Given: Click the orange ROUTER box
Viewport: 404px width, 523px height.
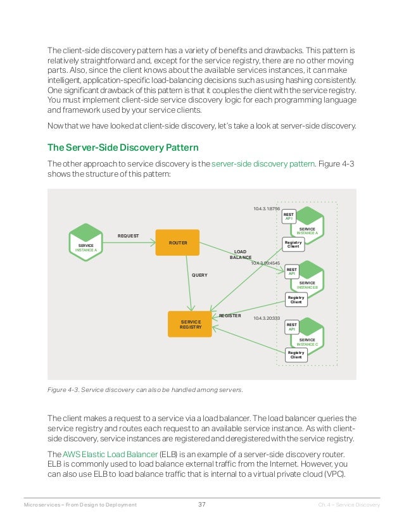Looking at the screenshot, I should [177, 243].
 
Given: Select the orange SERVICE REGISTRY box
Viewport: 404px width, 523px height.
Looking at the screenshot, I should [190, 324].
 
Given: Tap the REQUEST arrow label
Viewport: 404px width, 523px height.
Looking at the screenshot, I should [128, 236].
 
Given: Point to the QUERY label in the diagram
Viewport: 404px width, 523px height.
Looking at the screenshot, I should [199, 275].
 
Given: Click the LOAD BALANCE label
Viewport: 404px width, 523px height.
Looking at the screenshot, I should [240, 255].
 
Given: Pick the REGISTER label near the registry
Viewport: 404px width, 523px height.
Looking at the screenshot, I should [230, 315].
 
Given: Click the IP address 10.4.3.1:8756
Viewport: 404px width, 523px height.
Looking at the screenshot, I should [267, 208].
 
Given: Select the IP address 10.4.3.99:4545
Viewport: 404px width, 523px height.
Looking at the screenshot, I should [265, 263].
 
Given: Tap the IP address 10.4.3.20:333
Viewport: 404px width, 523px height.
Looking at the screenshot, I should [266, 318].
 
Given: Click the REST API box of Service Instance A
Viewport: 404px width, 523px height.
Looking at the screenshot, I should [289, 217].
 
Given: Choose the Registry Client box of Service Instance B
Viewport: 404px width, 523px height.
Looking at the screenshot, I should [296, 299].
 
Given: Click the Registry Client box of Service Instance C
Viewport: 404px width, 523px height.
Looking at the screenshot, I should [296, 355].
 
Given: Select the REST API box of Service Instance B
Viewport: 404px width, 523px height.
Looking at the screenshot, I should [292, 272].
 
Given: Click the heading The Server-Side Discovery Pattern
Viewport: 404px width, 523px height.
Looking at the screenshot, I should [123, 148].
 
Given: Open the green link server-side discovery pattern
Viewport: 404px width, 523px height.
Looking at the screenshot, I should [262, 163].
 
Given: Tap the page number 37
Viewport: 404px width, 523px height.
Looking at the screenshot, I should [202, 505].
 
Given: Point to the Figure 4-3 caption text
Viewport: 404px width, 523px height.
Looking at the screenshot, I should [146, 389].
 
